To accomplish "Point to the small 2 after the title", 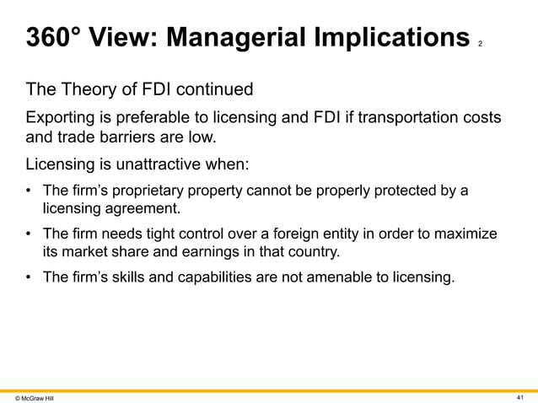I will [x=480, y=43].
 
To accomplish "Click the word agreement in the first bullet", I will [x=140, y=207].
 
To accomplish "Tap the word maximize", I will [x=461, y=234].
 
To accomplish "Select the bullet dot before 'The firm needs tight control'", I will [x=31, y=234].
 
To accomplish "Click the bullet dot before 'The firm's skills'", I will [x=31, y=277].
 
